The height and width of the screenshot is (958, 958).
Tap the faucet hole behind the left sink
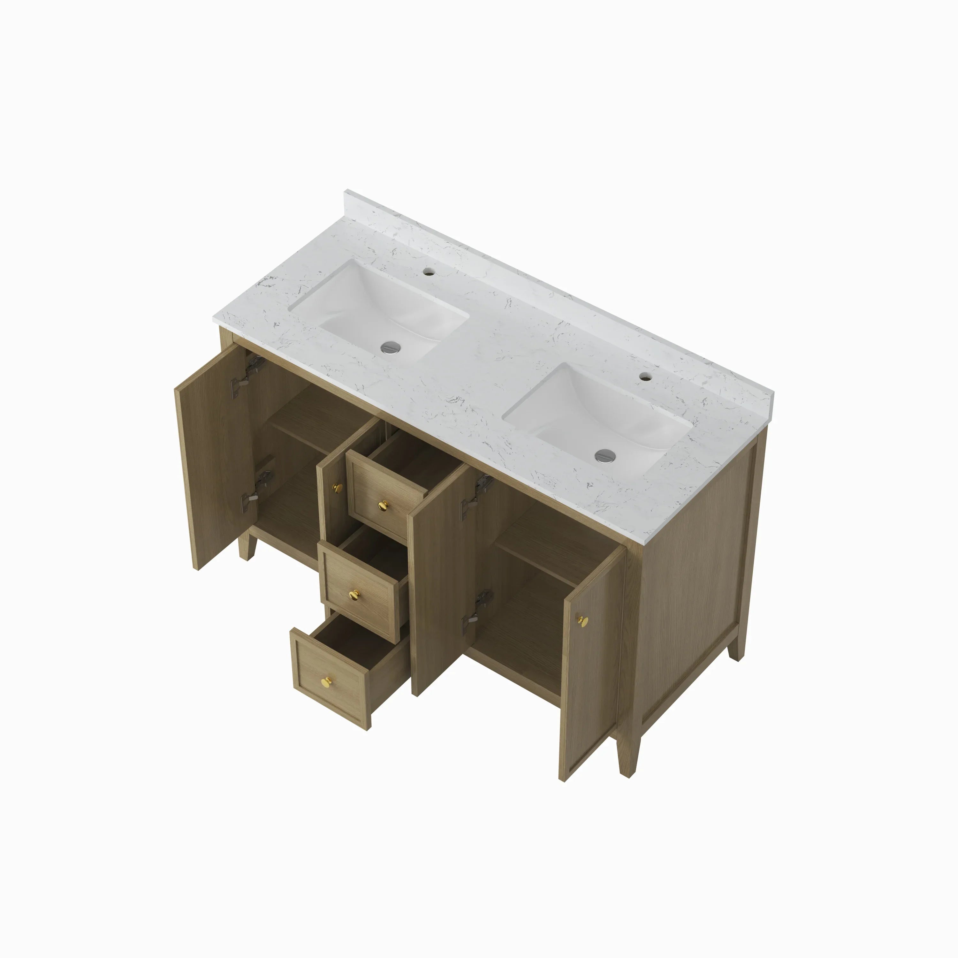tap(428, 272)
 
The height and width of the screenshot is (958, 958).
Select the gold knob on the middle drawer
tap(354, 595)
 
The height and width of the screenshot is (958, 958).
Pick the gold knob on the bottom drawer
tap(327, 683)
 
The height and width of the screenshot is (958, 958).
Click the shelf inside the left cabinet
tap(317, 422)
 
